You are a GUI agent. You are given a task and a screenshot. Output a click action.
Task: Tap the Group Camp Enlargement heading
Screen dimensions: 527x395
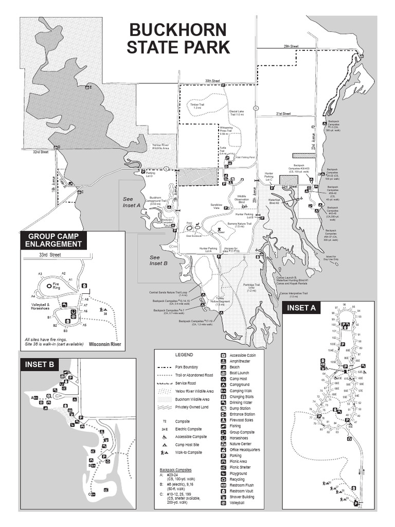(53, 240)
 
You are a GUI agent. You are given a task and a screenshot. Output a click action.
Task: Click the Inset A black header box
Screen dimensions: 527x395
(301, 308)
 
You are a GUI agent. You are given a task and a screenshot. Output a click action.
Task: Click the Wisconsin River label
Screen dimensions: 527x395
(104, 344)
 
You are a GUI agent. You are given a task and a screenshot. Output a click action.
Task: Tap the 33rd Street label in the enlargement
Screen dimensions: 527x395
(49, 254)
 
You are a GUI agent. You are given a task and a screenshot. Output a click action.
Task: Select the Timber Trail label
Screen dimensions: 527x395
(196, 106)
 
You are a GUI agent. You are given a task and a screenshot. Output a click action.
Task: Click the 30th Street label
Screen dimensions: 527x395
(212, 81)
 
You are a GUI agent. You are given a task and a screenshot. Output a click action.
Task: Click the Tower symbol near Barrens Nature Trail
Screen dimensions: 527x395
(220, 230)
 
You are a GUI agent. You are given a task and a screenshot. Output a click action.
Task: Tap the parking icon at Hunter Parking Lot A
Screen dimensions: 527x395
(219, 256)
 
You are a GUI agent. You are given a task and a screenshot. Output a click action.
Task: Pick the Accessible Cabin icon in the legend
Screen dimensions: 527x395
(223, 355)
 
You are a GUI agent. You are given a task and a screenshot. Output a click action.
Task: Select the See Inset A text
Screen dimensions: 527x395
(132, 201)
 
